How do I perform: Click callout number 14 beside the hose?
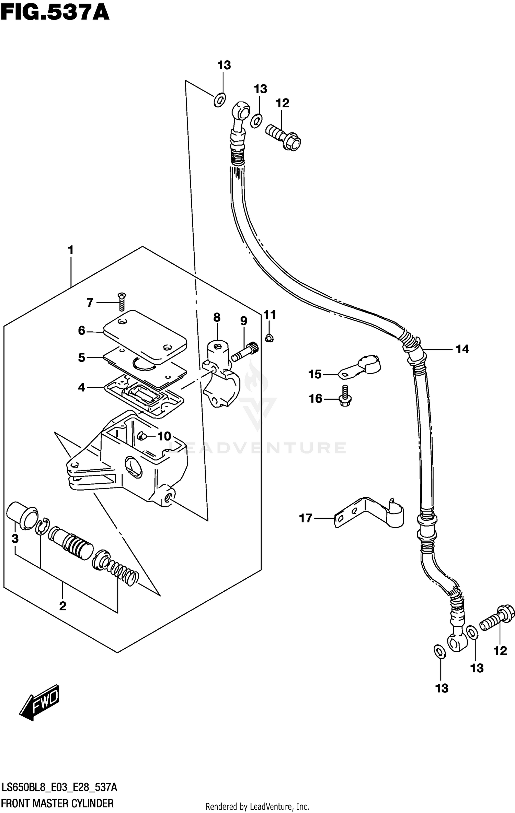coord(462,349)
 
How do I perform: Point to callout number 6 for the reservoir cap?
coord(81,331)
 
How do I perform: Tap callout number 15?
coord(314,374)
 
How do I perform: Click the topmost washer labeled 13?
coord(219,99)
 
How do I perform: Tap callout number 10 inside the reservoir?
coord(164,436)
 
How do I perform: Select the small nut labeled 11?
coord(269,339)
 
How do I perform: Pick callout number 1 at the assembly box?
coord(71,250)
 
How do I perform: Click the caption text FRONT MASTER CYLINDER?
coord(57,803)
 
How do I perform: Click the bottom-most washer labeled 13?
coord(439,652)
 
